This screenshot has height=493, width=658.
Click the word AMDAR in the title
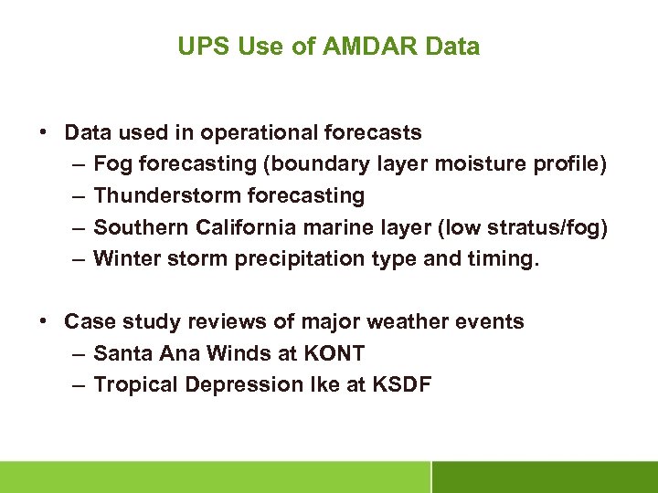pos(367,47)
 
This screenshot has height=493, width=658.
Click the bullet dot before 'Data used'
pos(44,132)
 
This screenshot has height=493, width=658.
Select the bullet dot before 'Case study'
pos(44,321)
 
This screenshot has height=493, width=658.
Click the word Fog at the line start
pos(111,164)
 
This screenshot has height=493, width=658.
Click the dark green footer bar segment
pos(545,477)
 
